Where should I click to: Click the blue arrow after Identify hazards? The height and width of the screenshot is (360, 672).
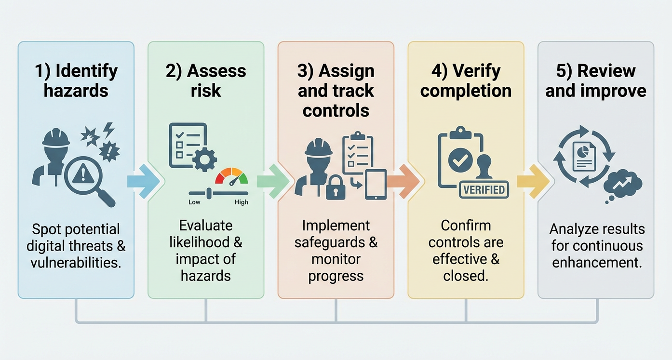(143, 181)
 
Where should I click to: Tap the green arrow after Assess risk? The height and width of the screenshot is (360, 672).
(273, 181)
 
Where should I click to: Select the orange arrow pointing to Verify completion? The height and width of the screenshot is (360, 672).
(403, 181)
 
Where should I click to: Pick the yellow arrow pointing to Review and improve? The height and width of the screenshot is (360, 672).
(533, 181)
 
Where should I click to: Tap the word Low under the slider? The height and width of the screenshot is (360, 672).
(194, 202)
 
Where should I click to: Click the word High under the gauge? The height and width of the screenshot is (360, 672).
(241, 202)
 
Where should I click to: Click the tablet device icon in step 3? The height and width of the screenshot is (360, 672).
(376, 184)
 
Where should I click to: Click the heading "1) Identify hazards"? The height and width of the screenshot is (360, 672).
(76, 80)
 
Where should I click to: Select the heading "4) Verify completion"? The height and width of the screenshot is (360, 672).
(466, 80)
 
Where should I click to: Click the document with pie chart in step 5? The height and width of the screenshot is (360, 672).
(584, 157)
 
